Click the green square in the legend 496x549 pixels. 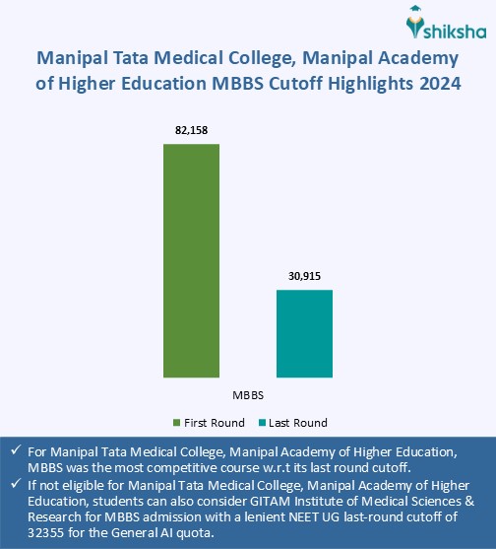point(177,423)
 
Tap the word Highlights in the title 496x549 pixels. point(363,86)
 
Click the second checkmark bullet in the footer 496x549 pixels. point(15,484)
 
